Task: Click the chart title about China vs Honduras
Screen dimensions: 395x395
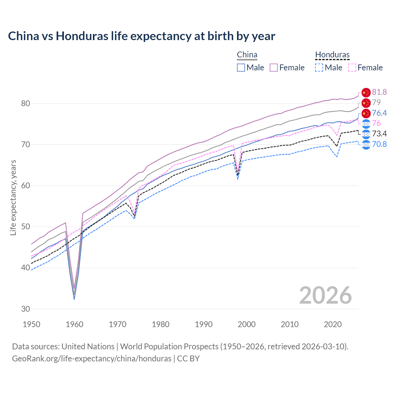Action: point(141,36)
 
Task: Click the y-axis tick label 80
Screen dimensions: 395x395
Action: point(26,103)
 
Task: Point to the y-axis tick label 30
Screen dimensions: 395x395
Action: point(26,309)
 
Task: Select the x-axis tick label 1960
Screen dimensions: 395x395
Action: point(75,324)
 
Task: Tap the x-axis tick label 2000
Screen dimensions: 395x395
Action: point(247,324)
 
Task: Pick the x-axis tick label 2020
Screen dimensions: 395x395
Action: point(333,324)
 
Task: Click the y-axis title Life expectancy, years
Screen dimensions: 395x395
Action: point(13,197)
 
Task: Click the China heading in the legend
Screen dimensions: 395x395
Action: point(247,55)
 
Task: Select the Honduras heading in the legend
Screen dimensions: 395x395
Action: point(332,55)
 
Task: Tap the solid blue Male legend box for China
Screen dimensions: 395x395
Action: point(241,68)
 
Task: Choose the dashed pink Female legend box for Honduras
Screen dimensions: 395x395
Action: point(352,68)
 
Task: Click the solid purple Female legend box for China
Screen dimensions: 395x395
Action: point(274,68)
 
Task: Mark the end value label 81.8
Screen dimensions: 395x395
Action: point(379,92)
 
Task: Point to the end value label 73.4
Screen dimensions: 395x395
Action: point(379,134)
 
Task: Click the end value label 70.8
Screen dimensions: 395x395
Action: point(379,144)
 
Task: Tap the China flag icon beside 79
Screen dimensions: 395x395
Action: point(366,103)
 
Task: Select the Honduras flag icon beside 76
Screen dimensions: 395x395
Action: point(366,124)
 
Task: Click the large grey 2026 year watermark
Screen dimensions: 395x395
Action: point(325,295)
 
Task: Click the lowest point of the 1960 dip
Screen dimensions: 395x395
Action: point(74,299)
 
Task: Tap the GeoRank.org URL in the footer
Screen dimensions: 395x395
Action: point(92,359)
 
